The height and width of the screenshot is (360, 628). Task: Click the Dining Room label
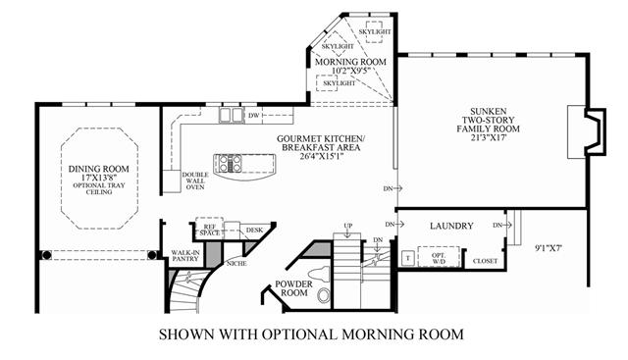click(98, 169)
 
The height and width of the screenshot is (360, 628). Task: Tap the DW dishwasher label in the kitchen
click(254, 116)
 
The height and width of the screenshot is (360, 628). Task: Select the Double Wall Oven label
click(195, 180)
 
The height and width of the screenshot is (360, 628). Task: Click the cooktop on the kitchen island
click(231, 164)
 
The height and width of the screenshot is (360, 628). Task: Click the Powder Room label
click(294, 288)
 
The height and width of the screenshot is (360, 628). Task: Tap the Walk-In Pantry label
click(185, 255)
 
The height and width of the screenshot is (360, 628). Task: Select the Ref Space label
click(210, 230)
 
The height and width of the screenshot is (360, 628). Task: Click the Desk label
click(255, 230)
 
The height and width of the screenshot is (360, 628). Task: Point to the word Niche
click(236, 264)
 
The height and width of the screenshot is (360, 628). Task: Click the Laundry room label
click(451, 226)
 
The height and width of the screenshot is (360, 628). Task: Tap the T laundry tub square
click(408, 258)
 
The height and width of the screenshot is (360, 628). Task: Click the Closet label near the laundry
click(485, 261)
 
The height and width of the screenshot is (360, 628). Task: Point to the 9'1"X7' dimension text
click(549, 248)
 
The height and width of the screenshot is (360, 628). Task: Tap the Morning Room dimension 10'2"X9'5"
click(350, 71)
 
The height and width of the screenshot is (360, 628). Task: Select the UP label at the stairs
click(348, 226)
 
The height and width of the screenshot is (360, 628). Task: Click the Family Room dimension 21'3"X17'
click(489, 137)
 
